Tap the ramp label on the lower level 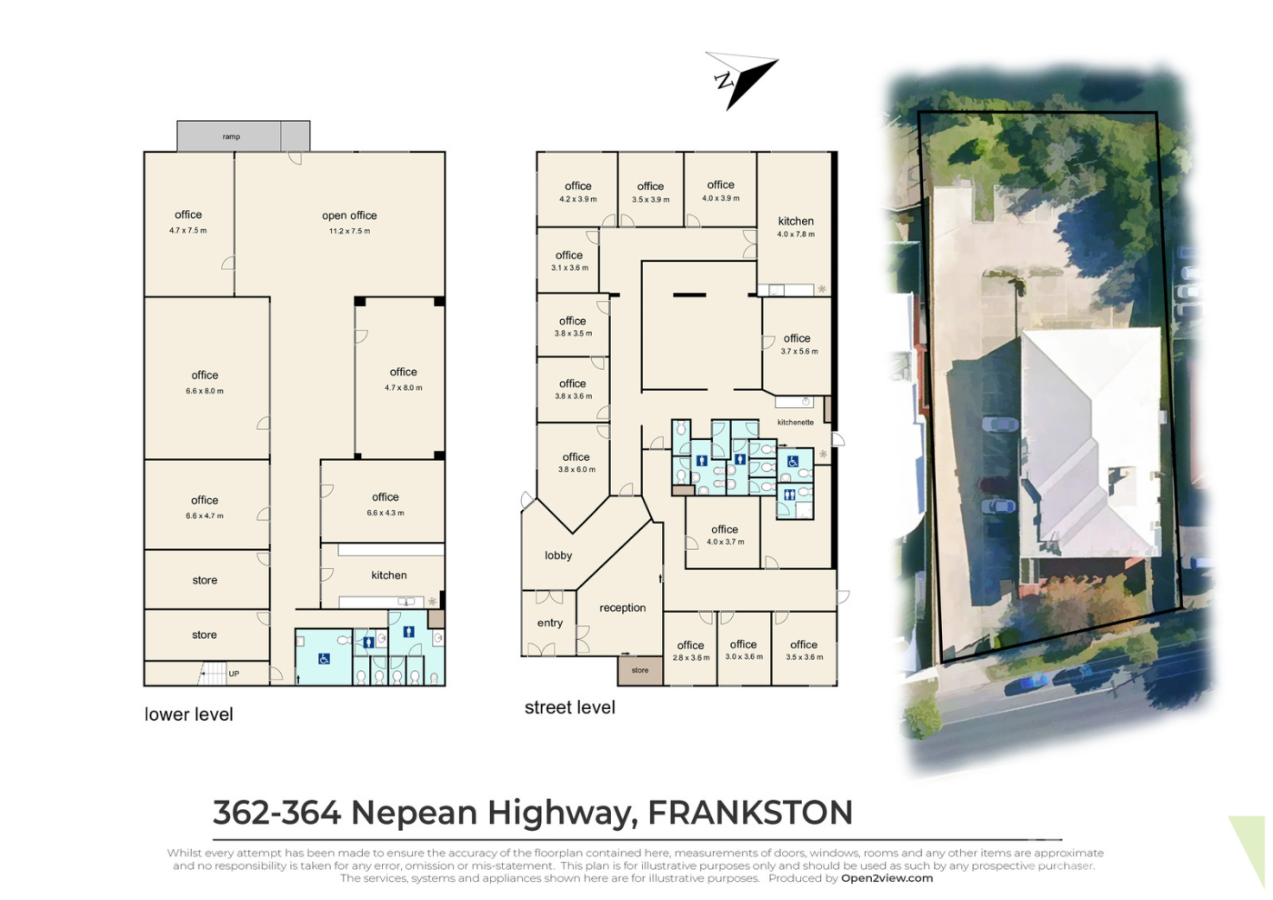[x=231, y=137]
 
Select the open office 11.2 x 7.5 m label [x=349, y=222]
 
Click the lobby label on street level [x=558, y=555]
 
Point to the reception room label [x=622, y=608]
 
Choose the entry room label [x=549, y=623]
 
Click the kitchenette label [x=796, y=422]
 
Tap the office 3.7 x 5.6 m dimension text [x=799, y=352]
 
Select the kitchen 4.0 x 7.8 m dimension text [x=796, y=235]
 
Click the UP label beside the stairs [x=234, y=674]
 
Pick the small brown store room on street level [x=640, y=671]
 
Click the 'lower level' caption [x=189, y=715]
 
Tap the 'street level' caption [x=569, y=707]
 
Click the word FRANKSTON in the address [x=750, y=812]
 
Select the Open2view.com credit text [x=887, y=878]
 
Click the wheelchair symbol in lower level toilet [x=324, y=658]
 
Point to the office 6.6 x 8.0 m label [x=205, y=383]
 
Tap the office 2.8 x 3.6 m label [x=690, y=651]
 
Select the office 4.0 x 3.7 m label [x=725, y=535]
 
